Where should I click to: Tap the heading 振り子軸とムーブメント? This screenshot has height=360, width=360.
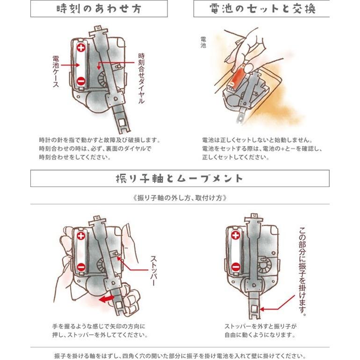(x=180, y=179)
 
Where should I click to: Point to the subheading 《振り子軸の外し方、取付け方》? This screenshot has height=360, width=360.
(x=180, y=197)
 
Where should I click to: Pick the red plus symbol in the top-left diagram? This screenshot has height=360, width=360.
(x=81, y=48)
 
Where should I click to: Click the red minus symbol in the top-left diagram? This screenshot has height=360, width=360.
(x=81, y=81)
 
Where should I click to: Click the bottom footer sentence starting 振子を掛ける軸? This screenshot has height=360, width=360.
(x=180, y=354)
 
